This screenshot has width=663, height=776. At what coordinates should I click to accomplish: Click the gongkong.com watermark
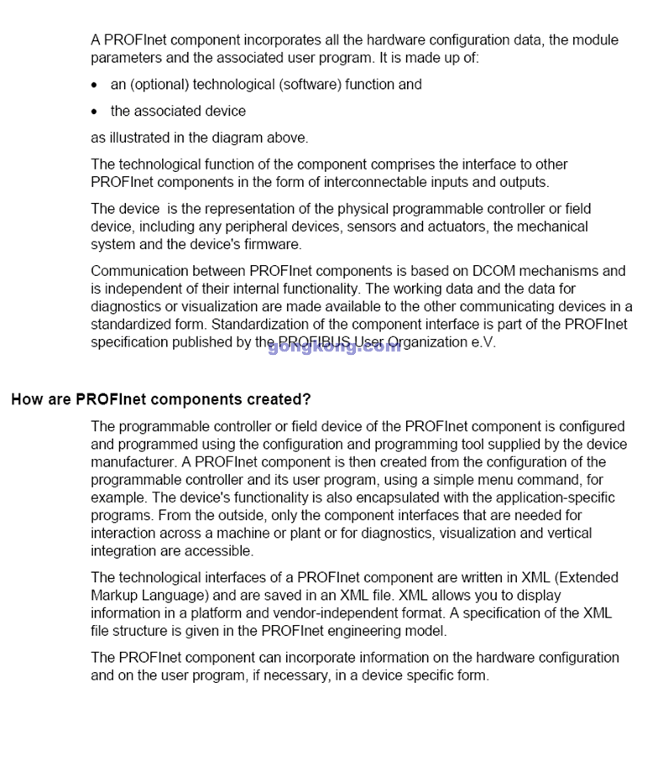334,346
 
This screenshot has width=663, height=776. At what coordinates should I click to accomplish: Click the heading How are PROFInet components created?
161,399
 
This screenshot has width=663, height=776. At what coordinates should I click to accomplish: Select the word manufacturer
133,462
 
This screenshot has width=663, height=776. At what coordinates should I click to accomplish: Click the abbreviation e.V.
483,342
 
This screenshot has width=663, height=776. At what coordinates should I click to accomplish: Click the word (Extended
587,578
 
